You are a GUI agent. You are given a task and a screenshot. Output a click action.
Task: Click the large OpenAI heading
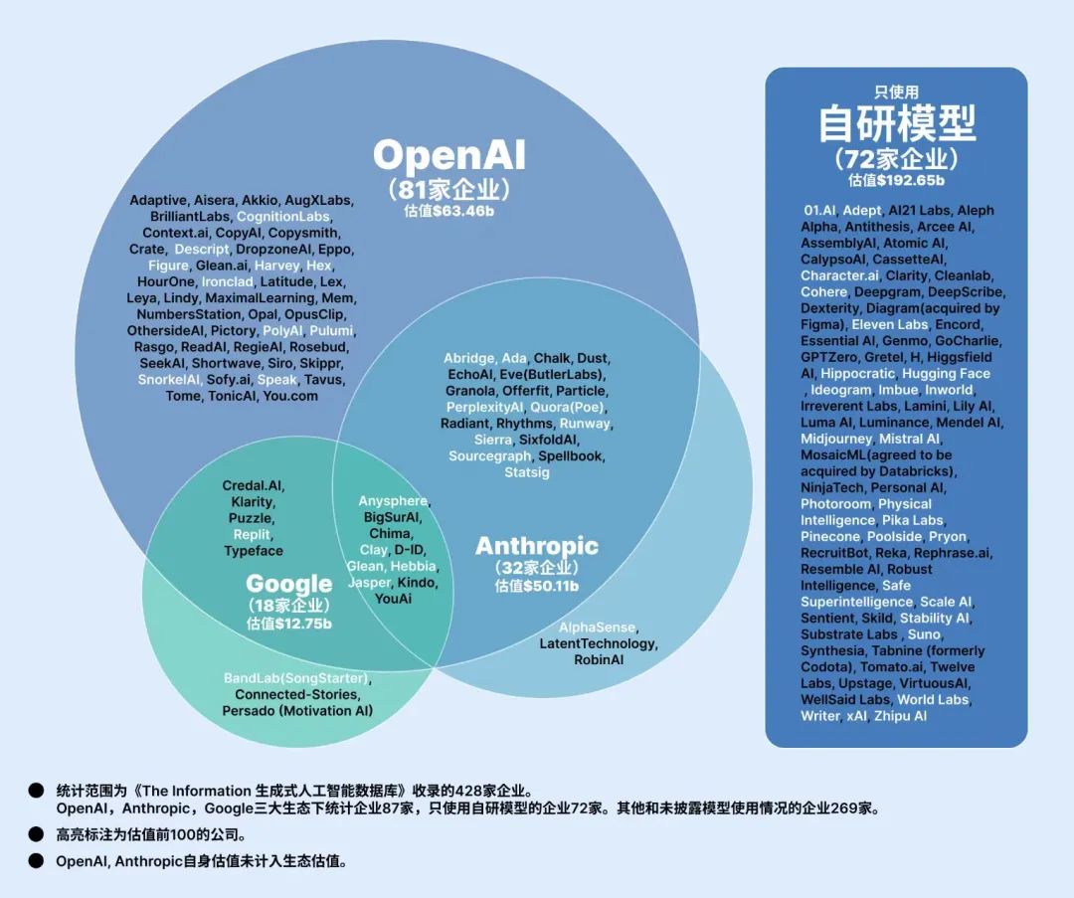(448, 155)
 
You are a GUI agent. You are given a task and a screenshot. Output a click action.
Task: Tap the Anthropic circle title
(537, 546)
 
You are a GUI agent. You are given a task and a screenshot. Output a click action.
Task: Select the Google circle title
(289, 584)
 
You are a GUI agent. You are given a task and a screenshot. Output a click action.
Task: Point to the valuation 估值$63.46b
(448, 211)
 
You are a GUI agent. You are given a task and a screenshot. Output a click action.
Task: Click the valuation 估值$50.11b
(537, 587)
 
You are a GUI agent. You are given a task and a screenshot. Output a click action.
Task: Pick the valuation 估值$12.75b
(289, 625)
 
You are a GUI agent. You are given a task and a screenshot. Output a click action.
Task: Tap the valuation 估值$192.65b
(896, 181)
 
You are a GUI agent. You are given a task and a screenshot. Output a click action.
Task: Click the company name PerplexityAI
(484, 408)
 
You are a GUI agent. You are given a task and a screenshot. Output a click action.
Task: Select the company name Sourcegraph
(490, 456)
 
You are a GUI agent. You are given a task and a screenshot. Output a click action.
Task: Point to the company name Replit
(253, 535)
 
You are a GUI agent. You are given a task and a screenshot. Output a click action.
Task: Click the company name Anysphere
(394, 501)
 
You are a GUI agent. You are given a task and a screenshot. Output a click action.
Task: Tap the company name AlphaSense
(598, 628)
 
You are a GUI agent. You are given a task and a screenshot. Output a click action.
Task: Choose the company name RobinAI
(599, 660)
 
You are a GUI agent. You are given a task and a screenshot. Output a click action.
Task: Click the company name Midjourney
(836, 439)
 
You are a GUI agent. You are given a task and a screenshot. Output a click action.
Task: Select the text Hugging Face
(946, 374)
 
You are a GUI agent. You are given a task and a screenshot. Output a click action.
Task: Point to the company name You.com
(290, 397)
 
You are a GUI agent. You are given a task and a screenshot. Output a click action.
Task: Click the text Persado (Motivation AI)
(297, 711)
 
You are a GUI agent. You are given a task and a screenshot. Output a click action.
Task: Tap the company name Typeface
(254, 551)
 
